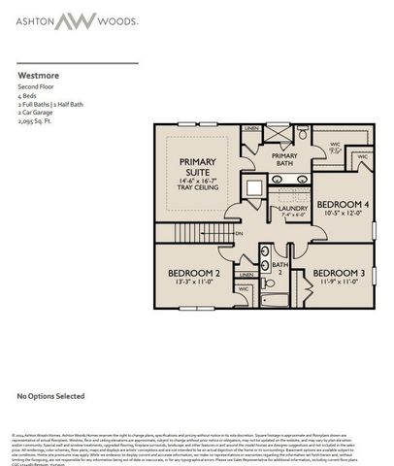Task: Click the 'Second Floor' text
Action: click(x=36, y=87)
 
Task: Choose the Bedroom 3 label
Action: click(x=339, y=273)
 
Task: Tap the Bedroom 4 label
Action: click(x=343, y=203)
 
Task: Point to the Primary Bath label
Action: click(x=284, y=160)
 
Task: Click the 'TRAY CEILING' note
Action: click(x=201, y=189)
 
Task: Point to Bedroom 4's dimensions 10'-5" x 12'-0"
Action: click(x=342, y=213)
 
